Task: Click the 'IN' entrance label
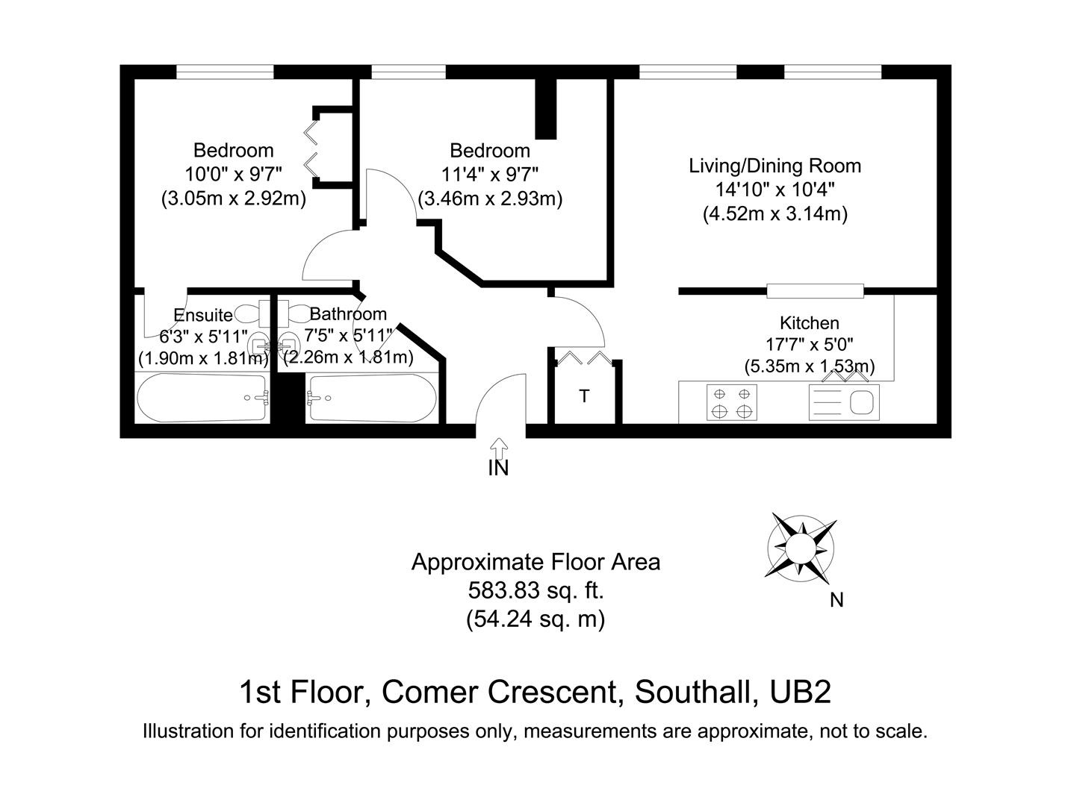click(x=498, y=468)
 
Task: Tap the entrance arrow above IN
click(x=498, y=448)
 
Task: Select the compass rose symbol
click(x=800, y=548)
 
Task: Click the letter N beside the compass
click(x=836, y=600)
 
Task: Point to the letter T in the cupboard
click(x=584, y=396)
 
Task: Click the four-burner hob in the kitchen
click(x=732, y=402)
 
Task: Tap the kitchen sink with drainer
click(x=844, y=402)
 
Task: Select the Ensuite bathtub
click(x=202, y=397)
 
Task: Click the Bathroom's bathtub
click(x=372, y=397)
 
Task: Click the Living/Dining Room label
click(x=774, y=166)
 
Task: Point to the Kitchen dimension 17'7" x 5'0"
click(x=809, y=345)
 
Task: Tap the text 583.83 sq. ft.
click(x=535, y=590)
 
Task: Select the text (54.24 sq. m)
click(x=535, y=619)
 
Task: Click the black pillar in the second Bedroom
click(x=547, y=109)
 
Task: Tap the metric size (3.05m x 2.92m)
click(x=234, y=199)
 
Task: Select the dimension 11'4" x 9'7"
click(x=490, y=175)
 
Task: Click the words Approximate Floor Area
click(x=535, y=561)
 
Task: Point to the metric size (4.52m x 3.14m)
click(x=775, y=214)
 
